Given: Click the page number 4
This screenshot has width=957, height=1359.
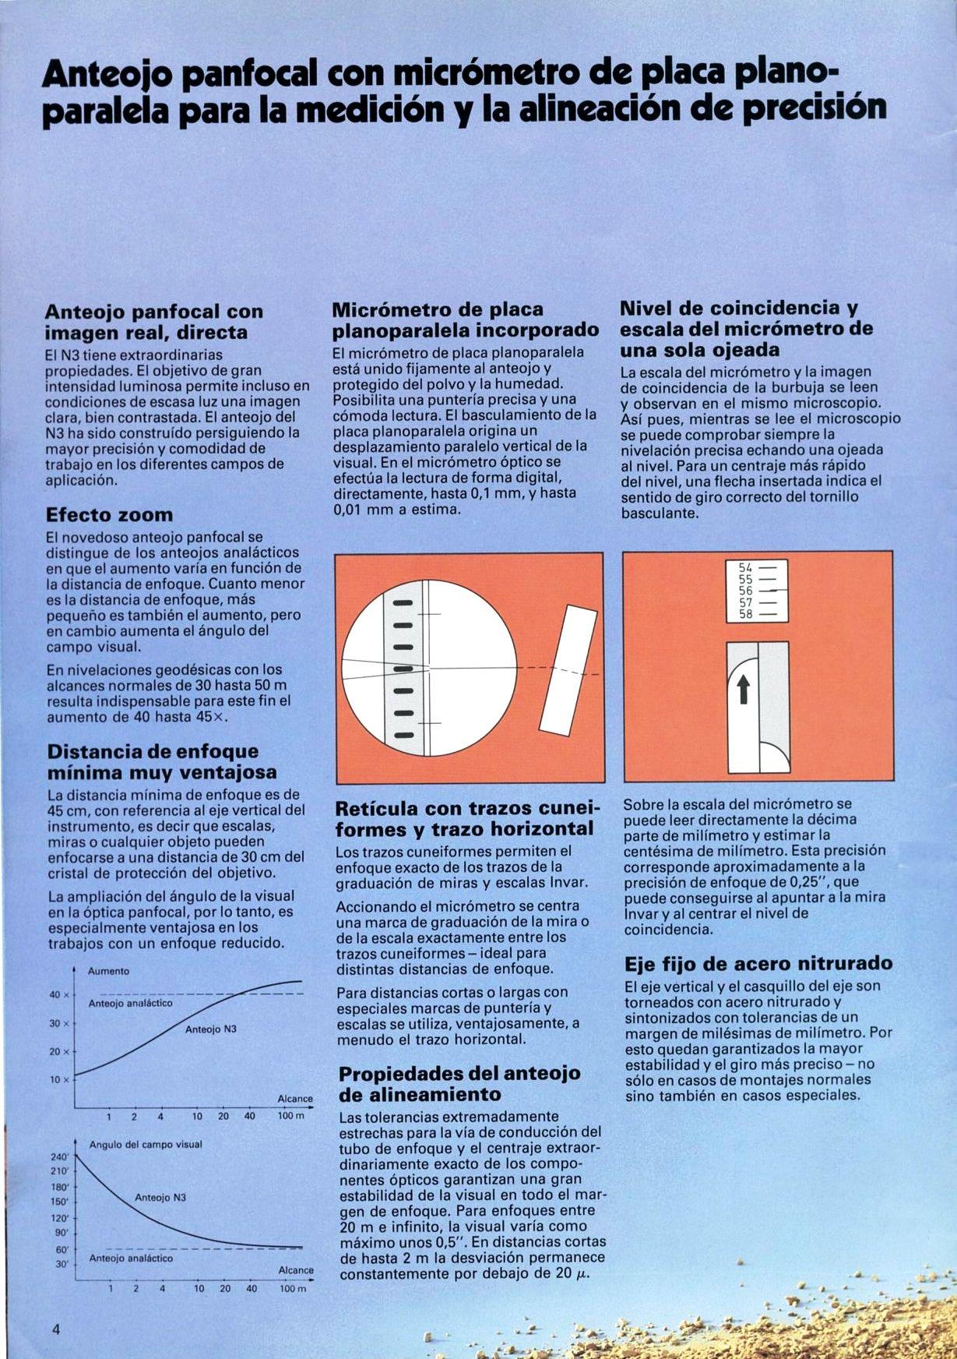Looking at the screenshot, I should pyautogui.click(x=56, y=1329).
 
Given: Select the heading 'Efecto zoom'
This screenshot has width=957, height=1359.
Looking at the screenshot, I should pyautogui.click(x=109, y=515).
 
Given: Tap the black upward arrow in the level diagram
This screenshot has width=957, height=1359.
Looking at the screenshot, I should pyautogui.click(x=743, y=688).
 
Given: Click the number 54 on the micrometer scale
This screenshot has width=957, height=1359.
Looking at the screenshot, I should pyautogui.click(x=745, y=568).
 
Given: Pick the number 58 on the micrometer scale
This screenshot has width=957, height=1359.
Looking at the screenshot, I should pyautogui.click(x=745, y=614).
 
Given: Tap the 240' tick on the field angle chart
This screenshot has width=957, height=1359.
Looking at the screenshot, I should pyautogui.click(x=60, y=1157).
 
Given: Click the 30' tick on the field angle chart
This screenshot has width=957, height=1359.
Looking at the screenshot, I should pyautogui.click(x=62, y=1264).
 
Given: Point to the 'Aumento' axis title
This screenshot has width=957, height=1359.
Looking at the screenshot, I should pyautogui.click(x=108, y=972).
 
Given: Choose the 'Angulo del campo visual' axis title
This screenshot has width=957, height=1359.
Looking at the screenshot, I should pyautogui.click(x=146, y=1145).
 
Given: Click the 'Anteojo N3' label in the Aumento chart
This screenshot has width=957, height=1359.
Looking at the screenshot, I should pyautogui.click(x=210, y=1029).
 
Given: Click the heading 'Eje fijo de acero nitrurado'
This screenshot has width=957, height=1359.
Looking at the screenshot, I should pyautogui.click(x=758, y=964).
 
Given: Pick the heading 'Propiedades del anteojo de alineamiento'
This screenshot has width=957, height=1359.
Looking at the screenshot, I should pyautogui.click(x=459, y=1083).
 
